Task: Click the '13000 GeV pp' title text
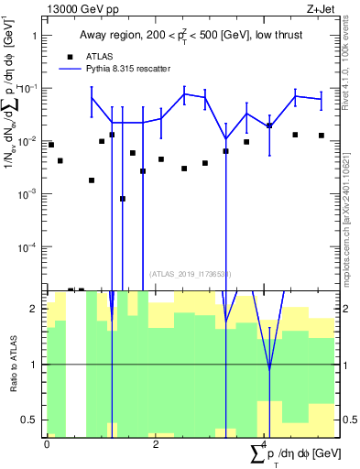80,7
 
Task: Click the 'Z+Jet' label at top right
319,7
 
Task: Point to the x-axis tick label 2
156,444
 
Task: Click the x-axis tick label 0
47,444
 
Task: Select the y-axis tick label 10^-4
28,247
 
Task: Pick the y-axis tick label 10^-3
28,194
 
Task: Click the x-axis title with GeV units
296,453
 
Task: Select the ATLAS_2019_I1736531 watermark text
191,273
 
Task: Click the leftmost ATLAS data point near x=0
51,145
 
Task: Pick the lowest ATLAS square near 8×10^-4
123,199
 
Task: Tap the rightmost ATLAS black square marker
322,136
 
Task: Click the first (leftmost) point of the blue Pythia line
92,98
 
